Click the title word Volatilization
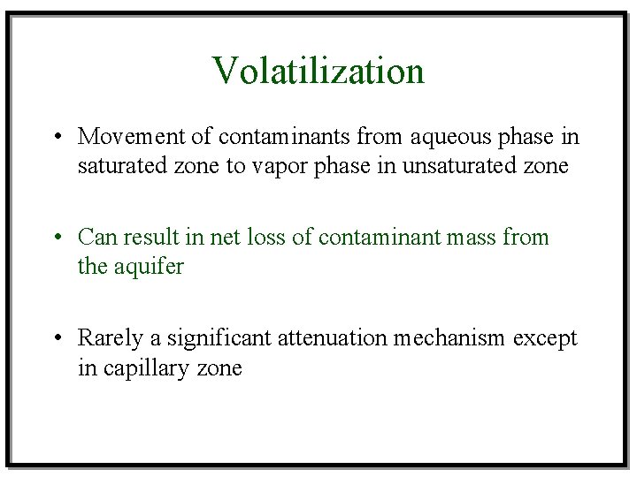(x=318, y=71)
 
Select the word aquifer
(x=149, y=267)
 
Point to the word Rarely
(x=108, y=338)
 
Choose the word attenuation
(x=333, y=338)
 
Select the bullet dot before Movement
(x=56, y=138)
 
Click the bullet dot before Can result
(x=56, y=238)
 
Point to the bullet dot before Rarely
(x=56, y=339)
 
